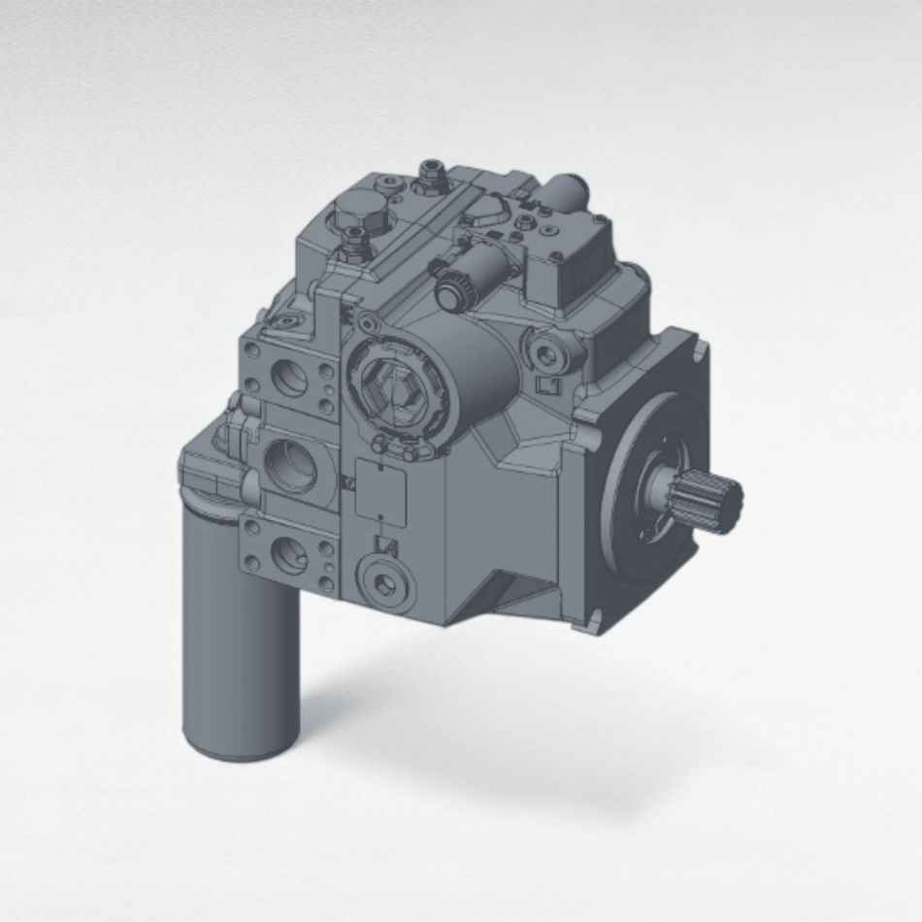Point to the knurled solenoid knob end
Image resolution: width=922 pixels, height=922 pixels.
[x=450, y=288]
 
